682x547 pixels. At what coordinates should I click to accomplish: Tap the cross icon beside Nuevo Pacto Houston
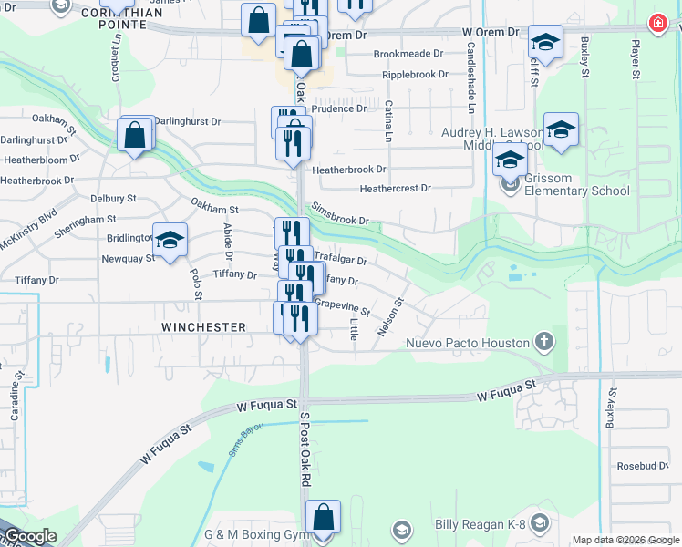pos(543,343)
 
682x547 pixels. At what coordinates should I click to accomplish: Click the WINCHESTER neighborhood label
pos(203,326)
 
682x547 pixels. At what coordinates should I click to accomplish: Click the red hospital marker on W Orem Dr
pos(656,25)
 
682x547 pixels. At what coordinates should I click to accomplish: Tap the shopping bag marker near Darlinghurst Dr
pos(135,135)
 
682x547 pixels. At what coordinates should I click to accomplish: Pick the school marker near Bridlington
pos(170,240)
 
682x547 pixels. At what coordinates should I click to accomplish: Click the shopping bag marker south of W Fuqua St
pos(323,517)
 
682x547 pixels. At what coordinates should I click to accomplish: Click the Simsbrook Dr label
pos(340,214)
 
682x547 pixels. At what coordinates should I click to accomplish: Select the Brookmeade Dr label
pos(411,54)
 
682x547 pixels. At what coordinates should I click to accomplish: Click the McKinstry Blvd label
pos(28,228)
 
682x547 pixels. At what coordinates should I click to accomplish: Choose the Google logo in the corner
pos(30,536)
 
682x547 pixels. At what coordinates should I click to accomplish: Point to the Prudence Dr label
pos(339,108)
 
